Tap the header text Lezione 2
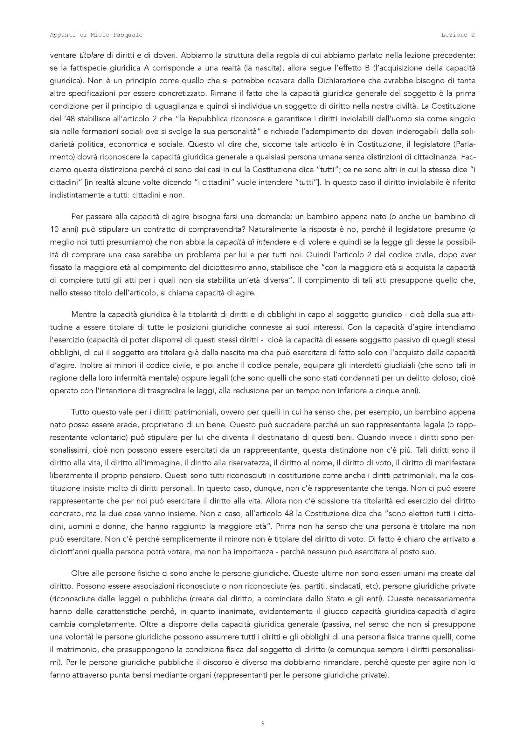tap(458, 35)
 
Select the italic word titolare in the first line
tap(92, 55)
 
